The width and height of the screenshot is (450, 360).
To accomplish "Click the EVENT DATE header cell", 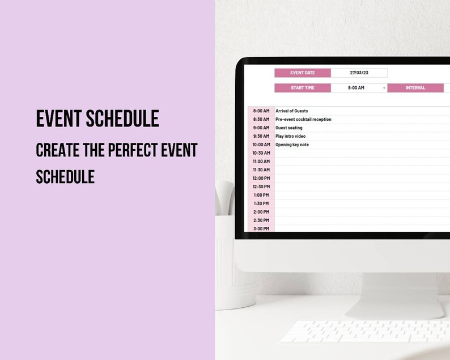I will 303,73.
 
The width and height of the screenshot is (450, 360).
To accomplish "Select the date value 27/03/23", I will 359,73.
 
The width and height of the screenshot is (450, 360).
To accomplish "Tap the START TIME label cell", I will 303,88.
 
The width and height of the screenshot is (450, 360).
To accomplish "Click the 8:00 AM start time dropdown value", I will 356,88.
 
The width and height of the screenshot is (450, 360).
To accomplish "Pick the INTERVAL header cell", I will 415,88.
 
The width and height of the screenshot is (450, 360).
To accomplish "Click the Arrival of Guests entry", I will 292,111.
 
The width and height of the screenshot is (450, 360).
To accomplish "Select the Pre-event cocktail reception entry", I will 303,120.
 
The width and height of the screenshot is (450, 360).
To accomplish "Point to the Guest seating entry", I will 289,128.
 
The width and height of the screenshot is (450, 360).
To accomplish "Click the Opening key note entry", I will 292,145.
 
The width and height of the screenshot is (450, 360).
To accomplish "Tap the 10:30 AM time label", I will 261,153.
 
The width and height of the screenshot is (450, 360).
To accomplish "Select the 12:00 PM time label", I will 261,178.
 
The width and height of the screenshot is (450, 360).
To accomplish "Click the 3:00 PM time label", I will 261,228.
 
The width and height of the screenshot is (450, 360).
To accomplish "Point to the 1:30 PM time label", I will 261,203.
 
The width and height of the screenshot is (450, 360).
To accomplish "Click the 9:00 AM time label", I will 261,128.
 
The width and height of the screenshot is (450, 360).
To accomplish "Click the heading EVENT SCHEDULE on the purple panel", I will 97,118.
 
